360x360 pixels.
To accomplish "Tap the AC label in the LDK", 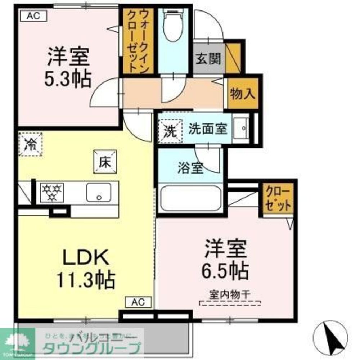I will pos(139,302).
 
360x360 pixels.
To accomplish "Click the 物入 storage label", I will pos(243,94).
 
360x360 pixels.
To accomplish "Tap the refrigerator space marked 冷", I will pos(31,144).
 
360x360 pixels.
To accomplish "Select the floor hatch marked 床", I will pos(105,161).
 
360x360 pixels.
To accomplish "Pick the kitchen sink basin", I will pos(99,193).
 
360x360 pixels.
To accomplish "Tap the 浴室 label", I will pos(191,168).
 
